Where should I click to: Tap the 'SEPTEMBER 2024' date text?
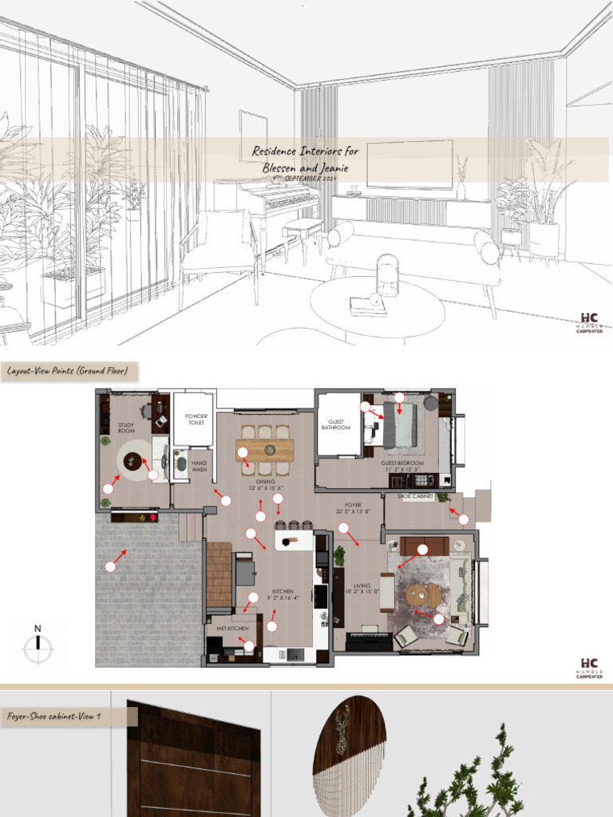click(x=311, y=180)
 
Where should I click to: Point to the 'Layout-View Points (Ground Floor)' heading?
click(x=68, y=371)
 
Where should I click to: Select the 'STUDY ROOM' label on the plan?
click(x=127, y=428)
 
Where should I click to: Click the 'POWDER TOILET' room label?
click(x=196, y=420)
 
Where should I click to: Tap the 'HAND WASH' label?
click(x=199, y=466)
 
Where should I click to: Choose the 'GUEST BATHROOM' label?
click(x=336, y=424)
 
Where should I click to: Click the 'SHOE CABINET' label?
click(x=415, y=496)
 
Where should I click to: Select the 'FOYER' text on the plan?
click(x=353, y=505)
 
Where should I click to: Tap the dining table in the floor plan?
click(x=265, y=450)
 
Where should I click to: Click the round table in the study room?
click(x=132, y=460)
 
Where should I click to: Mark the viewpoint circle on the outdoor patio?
click(x=110, y=566)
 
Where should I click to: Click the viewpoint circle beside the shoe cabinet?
click(x=464, y=519)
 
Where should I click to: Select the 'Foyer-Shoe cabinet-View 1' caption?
click(x=54, y=716)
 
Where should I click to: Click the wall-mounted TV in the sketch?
click(x=409, y=164)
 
